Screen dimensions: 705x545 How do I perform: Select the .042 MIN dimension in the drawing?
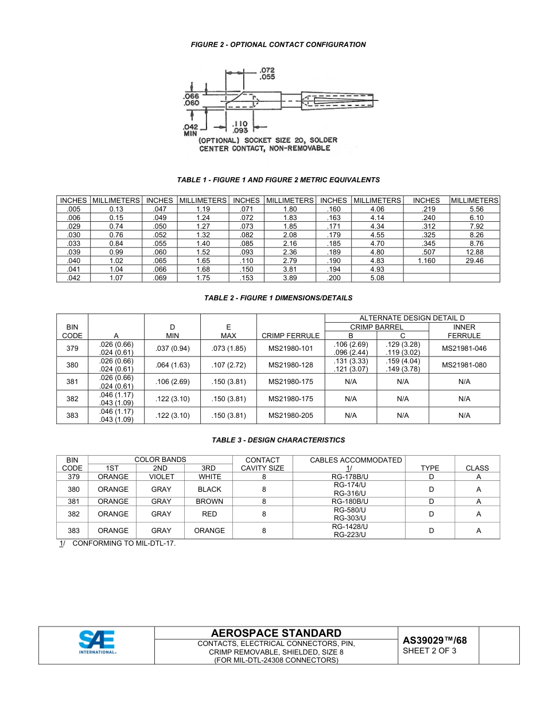point(190,130)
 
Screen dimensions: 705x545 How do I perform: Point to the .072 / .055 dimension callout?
point(267,73)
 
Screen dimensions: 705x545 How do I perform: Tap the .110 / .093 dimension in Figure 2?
point(239,126)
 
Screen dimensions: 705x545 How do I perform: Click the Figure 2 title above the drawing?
point(278,44)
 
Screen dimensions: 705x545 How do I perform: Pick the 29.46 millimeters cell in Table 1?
point(474,261)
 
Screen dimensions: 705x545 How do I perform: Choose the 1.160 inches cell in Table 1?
point(426,261)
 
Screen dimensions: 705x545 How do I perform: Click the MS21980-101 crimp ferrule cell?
point(290,348)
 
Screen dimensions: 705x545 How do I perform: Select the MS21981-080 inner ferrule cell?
point(464,365)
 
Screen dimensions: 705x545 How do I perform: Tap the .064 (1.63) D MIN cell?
point(172,365)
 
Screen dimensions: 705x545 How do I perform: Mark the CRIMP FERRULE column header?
point(290,335)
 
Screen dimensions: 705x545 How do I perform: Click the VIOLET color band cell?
point(161,477)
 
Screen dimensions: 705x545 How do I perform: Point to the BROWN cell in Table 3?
point(209,502)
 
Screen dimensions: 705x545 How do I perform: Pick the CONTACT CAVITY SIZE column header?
point(262,464)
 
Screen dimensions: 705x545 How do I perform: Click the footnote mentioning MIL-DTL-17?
point(118,543)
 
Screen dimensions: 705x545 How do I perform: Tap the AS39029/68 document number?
point(435,641)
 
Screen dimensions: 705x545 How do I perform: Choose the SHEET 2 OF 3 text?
point(430,651)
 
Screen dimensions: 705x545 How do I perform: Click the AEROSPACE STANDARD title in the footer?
point(276,633)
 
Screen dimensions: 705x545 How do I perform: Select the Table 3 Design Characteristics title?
point(278,440)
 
